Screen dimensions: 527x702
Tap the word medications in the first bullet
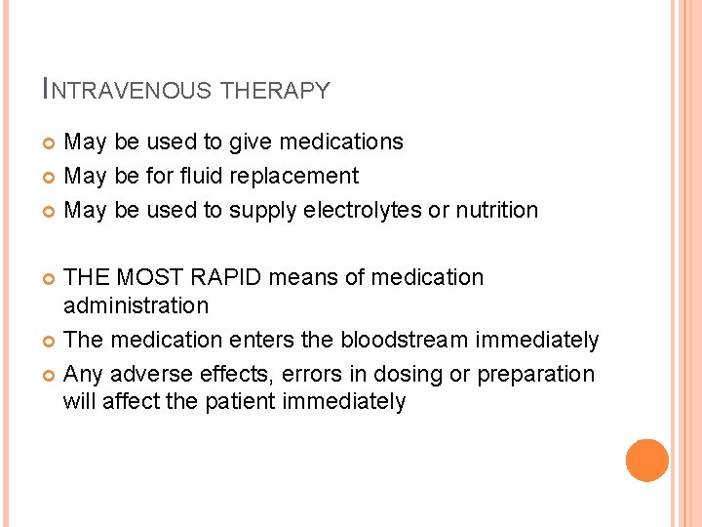(342, 142)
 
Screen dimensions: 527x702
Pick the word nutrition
(493, 210)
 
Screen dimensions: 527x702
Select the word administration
(136, 305)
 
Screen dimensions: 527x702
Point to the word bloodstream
(406, 340)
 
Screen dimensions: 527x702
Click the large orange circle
(647, 461)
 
